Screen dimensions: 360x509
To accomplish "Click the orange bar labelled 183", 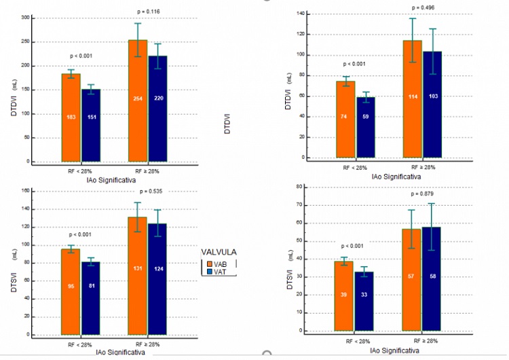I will (71, 118).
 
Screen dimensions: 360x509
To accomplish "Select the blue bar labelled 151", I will (90, 125).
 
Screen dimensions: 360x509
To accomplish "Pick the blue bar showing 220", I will (157, 109).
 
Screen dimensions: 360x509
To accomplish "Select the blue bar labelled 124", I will (157, 279).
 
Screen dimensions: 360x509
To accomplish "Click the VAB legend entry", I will (219, 264).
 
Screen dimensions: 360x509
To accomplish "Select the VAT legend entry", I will (219, 272).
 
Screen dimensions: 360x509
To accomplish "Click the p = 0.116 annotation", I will (149, 12).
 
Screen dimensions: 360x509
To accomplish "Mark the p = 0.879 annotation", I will (423, 194).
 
